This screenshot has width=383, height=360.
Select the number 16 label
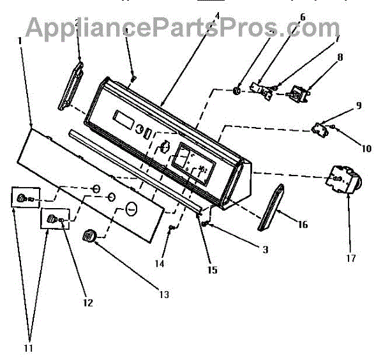(302, 225)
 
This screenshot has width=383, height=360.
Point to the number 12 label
(87, 303)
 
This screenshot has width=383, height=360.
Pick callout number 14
(160, 263)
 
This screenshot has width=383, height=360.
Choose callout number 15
(213, 270)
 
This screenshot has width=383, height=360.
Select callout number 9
(358, 105)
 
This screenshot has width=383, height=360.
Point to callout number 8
(340, 57)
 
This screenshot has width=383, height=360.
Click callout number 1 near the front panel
(20, 40)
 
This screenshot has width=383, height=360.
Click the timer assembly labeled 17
(343, 179)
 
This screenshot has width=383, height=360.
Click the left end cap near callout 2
(72, 85)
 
